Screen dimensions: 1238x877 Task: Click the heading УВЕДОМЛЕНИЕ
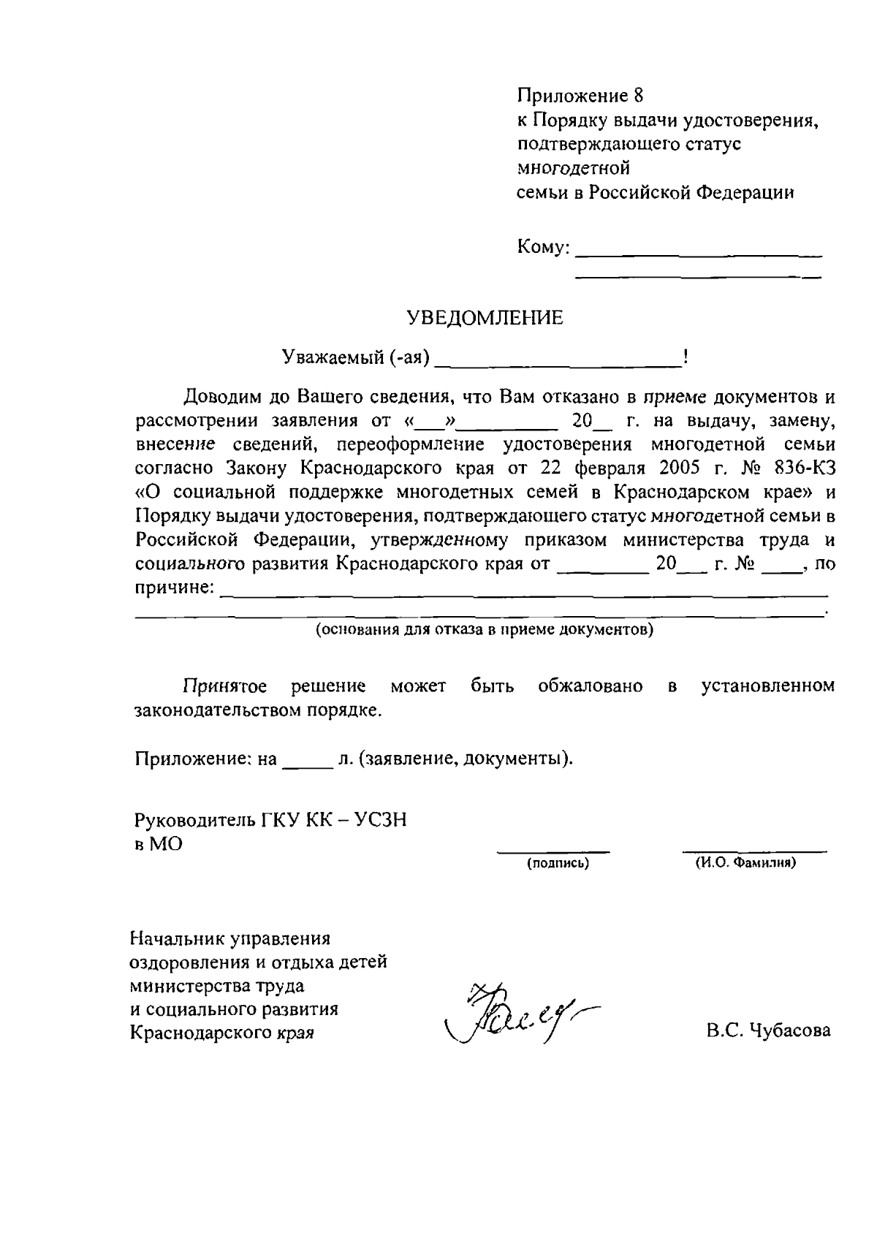[485, 318]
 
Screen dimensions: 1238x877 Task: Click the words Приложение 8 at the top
[580, 96]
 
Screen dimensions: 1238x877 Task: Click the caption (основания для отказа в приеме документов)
[484, 630]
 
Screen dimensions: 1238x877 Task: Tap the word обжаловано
[591, 686]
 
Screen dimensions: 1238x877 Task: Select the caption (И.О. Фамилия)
[745, 863]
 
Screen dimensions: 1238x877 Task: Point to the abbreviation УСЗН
[380, 820]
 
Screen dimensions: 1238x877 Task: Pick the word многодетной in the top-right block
[573, 168]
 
